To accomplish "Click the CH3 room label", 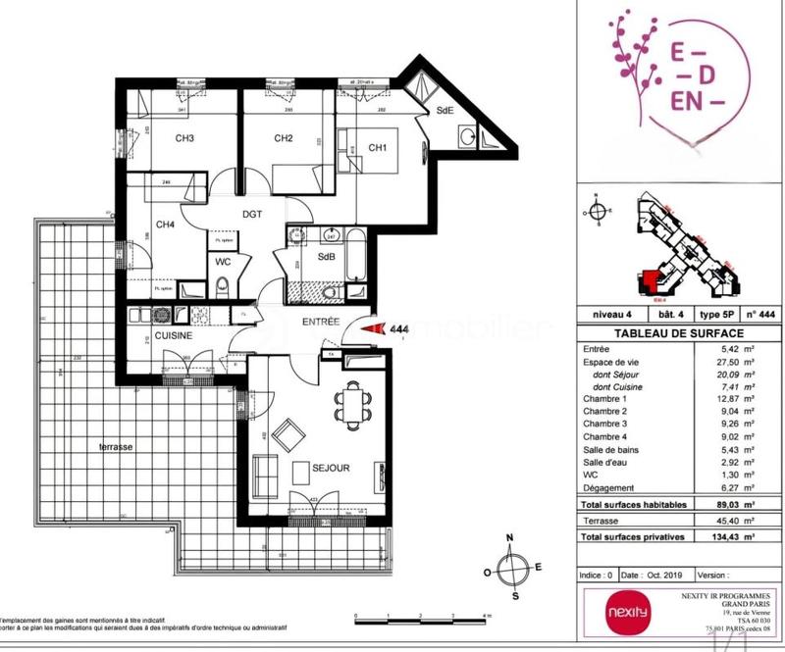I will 183,138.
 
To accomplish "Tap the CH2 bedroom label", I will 284,138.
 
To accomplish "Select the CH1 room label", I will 378,148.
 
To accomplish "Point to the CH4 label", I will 166,225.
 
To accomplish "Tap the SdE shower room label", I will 445,111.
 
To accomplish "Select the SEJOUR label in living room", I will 332,469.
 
